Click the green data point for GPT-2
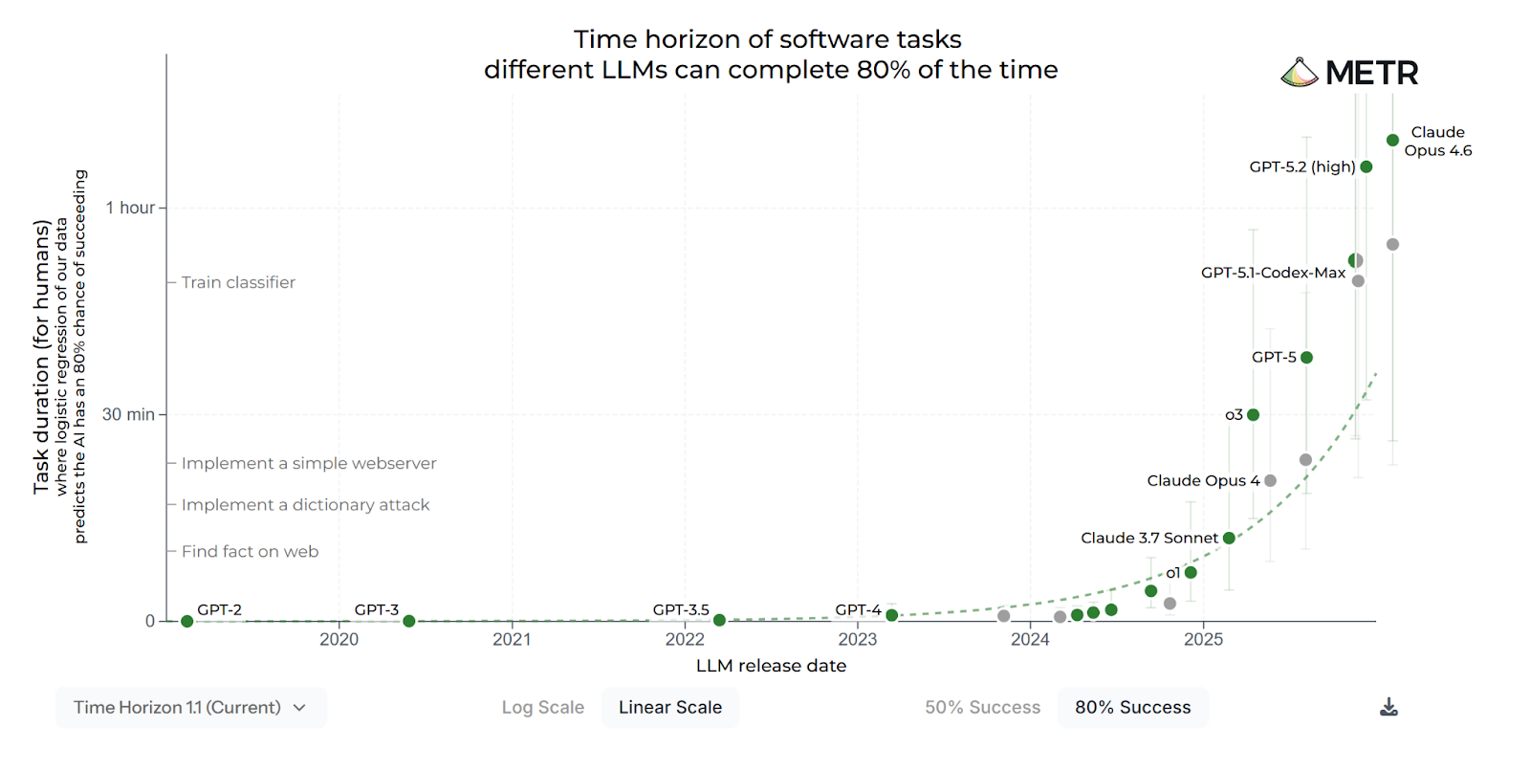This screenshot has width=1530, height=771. click(x=186, y=621)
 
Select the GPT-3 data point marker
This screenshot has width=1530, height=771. click(x=409, y=621)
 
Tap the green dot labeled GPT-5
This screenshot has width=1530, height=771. click(x=1306, y=358)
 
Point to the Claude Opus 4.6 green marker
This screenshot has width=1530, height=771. click(x=1392, y=141)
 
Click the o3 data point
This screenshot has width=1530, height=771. click(x=1253, y=415)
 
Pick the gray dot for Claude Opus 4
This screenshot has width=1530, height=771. click(x=1270, y=481)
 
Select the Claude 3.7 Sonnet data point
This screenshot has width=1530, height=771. click(x=1229, y=539)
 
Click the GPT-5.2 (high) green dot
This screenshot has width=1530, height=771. click(x=1366, y=167)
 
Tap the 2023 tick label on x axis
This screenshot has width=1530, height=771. click(x=857, y=640)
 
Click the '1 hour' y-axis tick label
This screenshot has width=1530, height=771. click(x=130, y=208)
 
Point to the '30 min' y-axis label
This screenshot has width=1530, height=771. click(x=128, y=414)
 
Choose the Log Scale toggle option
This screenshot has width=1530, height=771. click(x=542, y=708)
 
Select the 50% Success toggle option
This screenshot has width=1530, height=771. click(x=982, y=708)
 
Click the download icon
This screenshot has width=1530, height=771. click(x=1389, y=708)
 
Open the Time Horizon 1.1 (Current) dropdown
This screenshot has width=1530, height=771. click(x=190, y=708)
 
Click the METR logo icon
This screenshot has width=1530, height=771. click(x=1300, y=73)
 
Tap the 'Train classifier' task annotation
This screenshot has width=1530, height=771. click(x=238, y=282)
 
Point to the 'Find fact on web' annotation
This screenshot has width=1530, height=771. click(x=250, y=552)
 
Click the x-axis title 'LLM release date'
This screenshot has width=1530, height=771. click(x=771, y=666)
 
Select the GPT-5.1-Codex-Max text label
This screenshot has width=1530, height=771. click(x=1273, y=273)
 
